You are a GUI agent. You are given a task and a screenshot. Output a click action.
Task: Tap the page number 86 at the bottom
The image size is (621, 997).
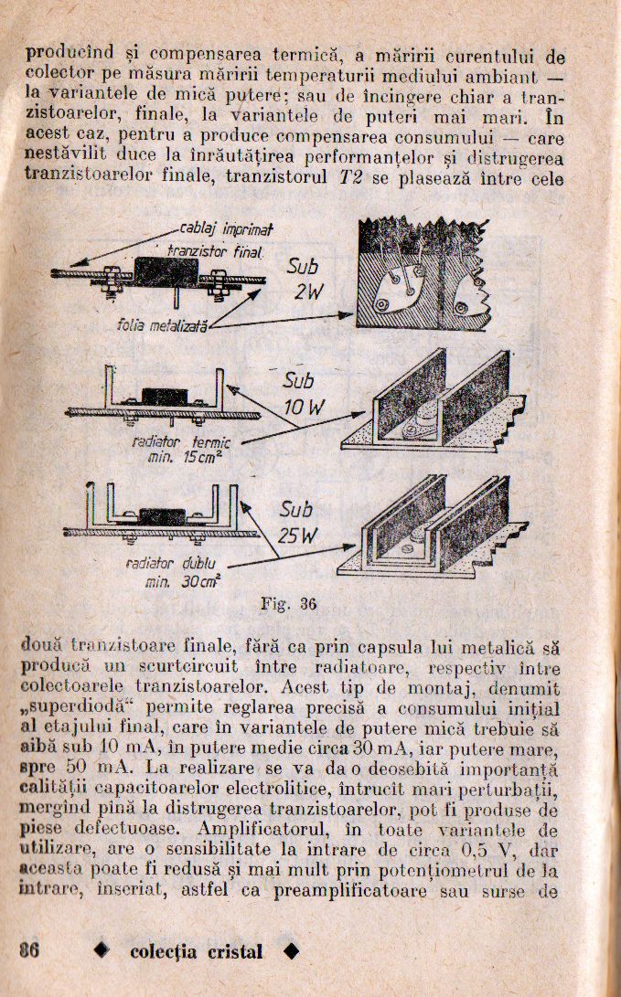(x=28, y=949)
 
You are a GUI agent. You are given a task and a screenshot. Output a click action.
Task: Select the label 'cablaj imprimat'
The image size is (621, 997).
(x=218, y=228)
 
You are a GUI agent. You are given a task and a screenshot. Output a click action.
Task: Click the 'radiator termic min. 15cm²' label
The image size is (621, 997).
(x=181, y=449)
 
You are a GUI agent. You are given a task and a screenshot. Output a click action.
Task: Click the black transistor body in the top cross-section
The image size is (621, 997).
(x=165, y=272)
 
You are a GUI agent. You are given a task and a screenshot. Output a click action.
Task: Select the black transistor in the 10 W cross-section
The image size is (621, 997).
(x=165, y=397)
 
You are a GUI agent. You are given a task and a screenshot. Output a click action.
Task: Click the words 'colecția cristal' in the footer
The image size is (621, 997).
(x=196, y=951)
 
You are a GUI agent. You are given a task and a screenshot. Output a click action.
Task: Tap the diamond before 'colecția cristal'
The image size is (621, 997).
(x=102, y=951)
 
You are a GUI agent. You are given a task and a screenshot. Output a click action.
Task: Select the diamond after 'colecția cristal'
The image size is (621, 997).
(x=291, y=951)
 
